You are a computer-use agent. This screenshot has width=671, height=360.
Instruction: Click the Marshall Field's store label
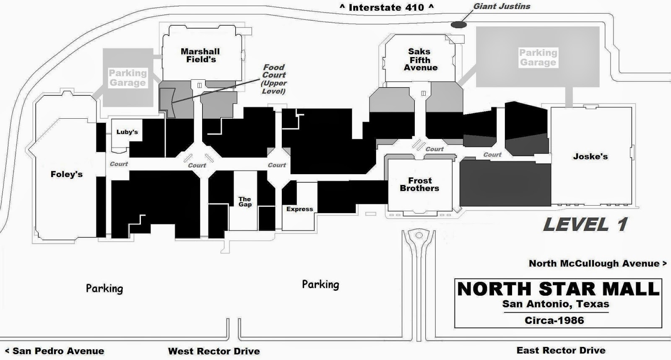(200, 55)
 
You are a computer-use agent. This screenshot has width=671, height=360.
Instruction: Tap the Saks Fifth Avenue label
(420, 59)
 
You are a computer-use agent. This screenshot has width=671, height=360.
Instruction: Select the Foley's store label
(67, 174)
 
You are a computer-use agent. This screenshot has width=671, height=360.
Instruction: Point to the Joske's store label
(590, 157)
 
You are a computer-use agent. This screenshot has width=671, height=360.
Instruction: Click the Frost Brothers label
(419, 184)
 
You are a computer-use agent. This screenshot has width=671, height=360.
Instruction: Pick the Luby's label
(127, 132)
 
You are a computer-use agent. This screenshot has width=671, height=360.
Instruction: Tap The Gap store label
(245, 201)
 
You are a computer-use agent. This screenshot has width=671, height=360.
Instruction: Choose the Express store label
(299, 209)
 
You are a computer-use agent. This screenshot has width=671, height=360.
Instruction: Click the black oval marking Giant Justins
(459, 24)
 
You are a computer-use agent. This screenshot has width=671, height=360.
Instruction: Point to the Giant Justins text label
(502, 6)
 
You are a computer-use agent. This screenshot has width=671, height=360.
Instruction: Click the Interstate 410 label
(386, 7)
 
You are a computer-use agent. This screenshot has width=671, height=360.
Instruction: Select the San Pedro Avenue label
(55, 351)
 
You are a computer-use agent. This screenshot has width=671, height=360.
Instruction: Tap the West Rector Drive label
(214, 351)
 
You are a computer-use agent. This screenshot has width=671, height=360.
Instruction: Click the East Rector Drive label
(561, 350)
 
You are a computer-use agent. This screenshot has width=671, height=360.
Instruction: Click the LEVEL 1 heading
(585, 224)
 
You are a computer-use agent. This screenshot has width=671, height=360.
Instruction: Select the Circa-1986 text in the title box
(554, 320)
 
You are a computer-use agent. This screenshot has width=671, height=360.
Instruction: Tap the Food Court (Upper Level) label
(274, 79)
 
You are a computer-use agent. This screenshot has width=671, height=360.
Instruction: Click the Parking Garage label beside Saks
(538, 57)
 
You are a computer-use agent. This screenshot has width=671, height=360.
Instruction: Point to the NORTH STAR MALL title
(558, 289)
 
